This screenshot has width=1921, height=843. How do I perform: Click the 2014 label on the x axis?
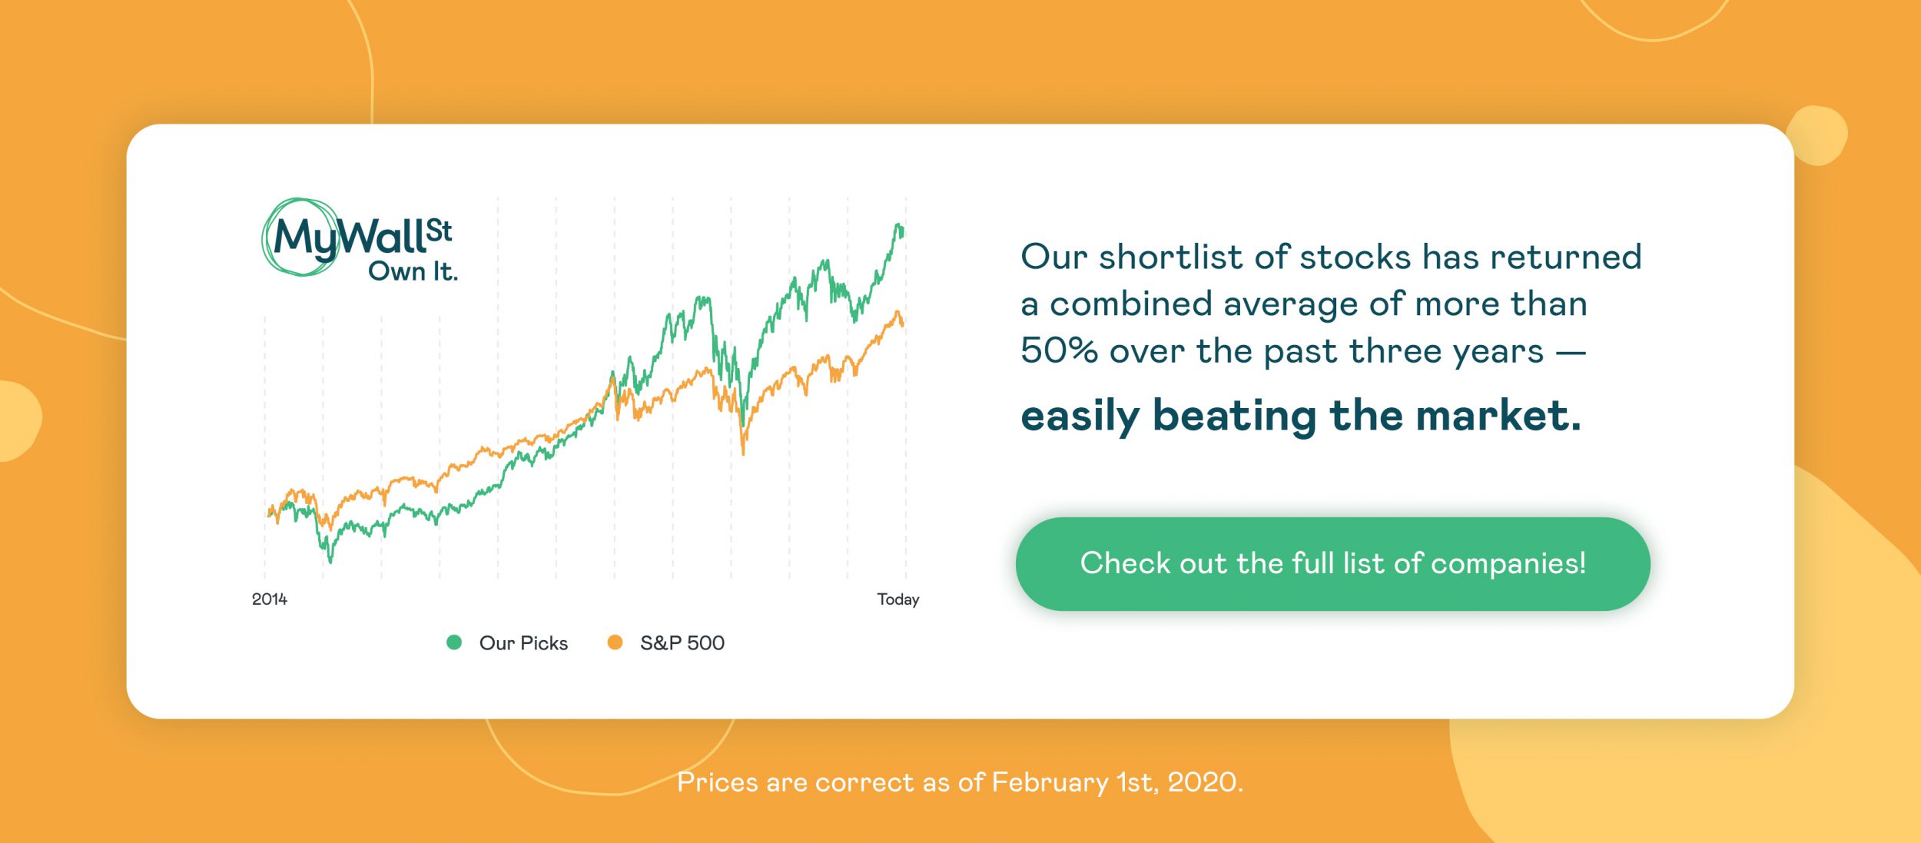[x=269, y=599]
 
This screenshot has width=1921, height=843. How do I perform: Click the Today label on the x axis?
[x=897, y=599]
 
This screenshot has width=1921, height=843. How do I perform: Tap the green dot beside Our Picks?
[x=454, y=642]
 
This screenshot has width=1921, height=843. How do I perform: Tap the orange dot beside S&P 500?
[x=615, y=642]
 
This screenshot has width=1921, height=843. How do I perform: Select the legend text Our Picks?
[x=523, y=643]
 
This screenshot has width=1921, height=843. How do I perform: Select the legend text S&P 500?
[x=682, y=643]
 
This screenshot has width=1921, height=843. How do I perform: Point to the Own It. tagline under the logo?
[x=413, y=271]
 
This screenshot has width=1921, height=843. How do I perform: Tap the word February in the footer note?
[x=1050, y=782]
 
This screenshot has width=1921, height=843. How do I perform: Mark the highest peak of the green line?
[x=897, y=224]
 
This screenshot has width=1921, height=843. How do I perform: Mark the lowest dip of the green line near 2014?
[x=330, y=561]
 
